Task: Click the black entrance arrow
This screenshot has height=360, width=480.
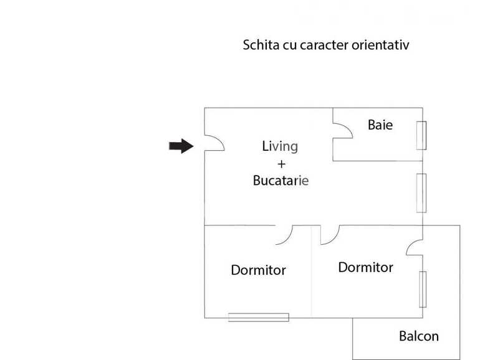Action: coord(181,146)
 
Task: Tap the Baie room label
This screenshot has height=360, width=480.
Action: coord(380,125)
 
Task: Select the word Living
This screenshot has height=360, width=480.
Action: coord(280,146)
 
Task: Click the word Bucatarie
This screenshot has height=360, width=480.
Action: coord(281,181)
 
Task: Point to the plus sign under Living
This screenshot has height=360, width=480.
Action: coord(281,164)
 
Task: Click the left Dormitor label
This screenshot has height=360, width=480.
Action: coord(258,270)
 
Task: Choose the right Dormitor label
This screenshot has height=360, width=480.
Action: coord(365,267)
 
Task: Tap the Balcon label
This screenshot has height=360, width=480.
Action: coord(419,336)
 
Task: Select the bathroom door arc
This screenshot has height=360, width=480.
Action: coord(347,128)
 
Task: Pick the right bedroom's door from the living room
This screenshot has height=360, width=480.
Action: coord(335,239)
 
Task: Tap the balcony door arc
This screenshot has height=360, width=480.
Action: coord(411,244)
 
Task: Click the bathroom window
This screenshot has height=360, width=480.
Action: coord(421,136)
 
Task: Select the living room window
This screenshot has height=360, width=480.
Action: coord(421,193)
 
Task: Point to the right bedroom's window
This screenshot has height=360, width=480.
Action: coord(423,290)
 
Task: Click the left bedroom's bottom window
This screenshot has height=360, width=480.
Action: coord(259,318)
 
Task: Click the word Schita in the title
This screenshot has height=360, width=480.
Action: coord(261,45)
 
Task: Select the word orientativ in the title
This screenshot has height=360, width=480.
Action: coord(380,45)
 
